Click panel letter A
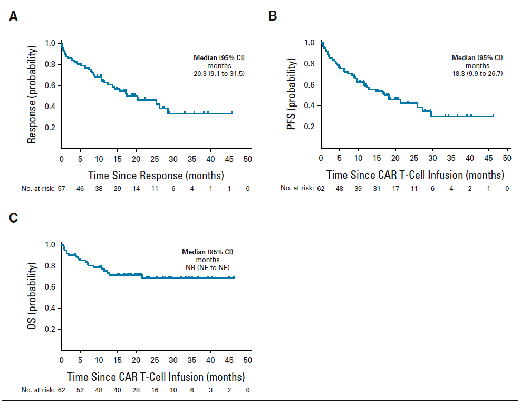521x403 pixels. point(14,17)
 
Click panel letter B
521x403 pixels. point(273,17)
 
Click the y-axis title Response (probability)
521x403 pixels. point(33,94)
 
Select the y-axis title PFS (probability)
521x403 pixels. point(292,94)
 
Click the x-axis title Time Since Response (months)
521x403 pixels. point(156,175)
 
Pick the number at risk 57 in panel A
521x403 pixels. point(62,188)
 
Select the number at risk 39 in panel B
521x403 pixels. point(359,188)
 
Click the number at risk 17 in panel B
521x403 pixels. point(396,188)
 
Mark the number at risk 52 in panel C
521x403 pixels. point(80,390)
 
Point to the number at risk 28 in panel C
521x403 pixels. point(136,390)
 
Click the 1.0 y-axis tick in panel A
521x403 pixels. point(50,43)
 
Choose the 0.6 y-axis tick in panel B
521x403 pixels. point(310,85)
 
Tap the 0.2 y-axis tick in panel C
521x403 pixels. point(50,329)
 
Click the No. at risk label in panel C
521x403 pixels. point(38,390)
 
